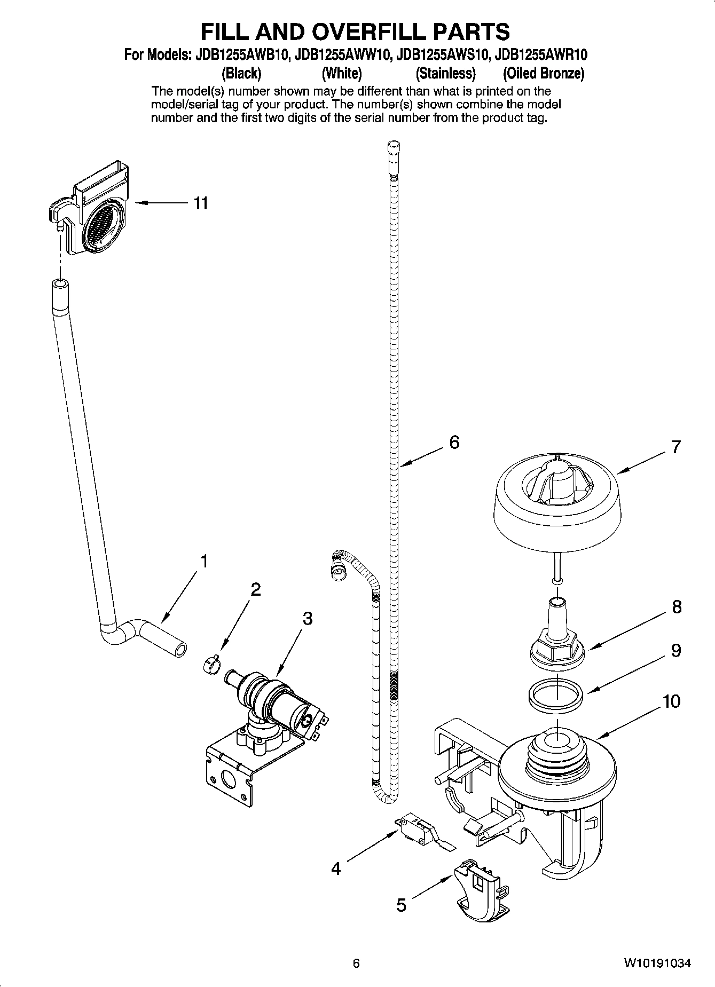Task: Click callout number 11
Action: point(201,203)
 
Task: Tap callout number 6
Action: point(454,442)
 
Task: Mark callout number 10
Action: point(672,700)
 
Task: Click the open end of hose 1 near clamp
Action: point(181,649)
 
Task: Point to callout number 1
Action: point(203,561)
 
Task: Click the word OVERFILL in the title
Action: point(360,32)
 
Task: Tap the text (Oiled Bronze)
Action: point(544,73)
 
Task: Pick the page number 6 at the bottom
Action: point(356,964)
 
